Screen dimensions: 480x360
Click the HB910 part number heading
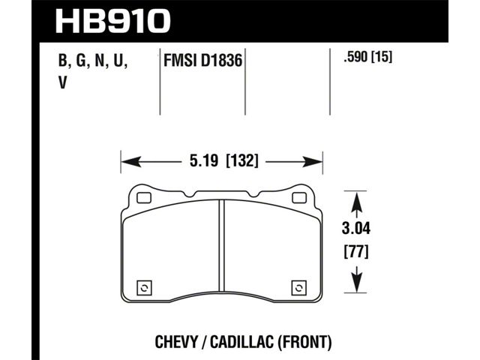click(x=112, y=21)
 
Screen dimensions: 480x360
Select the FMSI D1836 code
click(x=203, y=60)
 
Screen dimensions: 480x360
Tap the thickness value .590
click(x=355, y=57)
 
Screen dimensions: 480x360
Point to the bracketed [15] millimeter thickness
click(x=382, y=57)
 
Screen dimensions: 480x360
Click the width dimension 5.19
click(x=204, y=161)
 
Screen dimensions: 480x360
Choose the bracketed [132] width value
click(x=241, y=161)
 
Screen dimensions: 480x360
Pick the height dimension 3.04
click(x=356, y=229)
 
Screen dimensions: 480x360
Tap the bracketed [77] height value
click(x=356, y=252)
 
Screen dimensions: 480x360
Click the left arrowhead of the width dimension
click(x=131, y=162)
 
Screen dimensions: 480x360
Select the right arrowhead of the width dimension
click(x=313, y=162)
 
